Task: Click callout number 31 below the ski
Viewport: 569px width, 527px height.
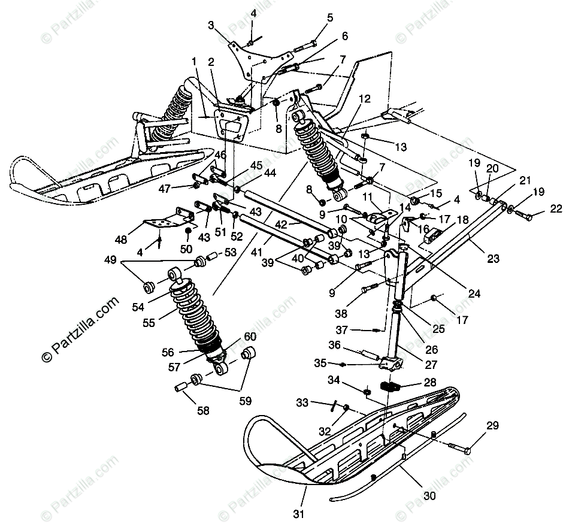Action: point(299,513)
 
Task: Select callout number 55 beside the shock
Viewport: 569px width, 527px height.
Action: point(149,323)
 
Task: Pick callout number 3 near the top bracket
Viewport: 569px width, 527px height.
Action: point(211,25)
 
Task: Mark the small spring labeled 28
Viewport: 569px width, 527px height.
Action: point(391,386)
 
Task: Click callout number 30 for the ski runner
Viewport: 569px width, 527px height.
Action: point(429,495)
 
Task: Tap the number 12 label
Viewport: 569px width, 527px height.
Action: point(365,99)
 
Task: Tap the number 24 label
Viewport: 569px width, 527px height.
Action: point(474,293)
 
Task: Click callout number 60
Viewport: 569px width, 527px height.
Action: point(249,336)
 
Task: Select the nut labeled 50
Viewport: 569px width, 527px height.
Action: point(188,231)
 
